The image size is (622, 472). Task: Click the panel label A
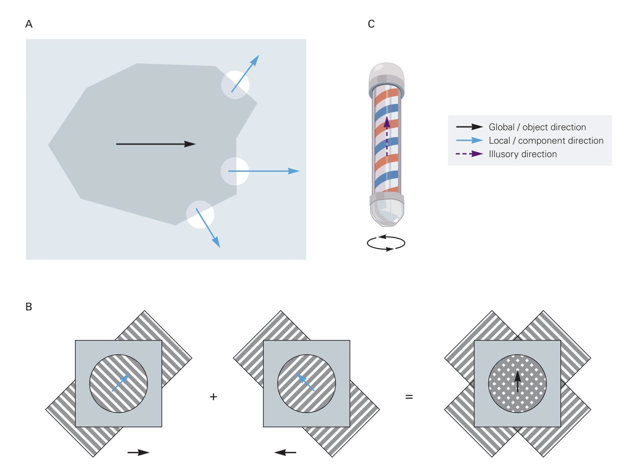29,24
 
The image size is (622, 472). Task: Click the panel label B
29,307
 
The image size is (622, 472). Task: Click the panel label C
371,24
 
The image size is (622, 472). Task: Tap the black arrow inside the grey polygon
156,144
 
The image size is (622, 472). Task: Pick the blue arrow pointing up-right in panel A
245,73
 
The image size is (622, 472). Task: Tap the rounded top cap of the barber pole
387,74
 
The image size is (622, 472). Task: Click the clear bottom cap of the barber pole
387,213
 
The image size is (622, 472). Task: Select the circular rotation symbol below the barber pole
386,243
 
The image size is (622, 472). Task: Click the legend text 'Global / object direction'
537,127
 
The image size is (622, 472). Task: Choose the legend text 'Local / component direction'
546,141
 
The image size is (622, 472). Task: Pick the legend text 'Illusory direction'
523,154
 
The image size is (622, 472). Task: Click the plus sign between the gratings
213,397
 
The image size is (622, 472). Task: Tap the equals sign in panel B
409,397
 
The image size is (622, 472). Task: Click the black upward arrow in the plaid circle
517,381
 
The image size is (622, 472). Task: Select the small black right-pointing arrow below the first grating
138,452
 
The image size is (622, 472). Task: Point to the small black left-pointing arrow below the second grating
285,452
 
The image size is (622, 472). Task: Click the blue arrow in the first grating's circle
121,383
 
